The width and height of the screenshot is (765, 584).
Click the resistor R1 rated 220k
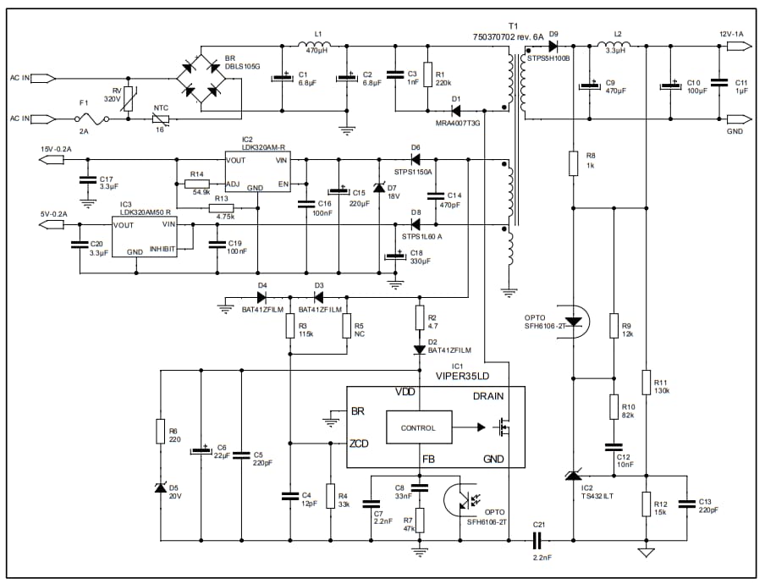(x=427, y=74)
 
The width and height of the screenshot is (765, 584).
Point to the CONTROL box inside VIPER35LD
(x=418, y=428)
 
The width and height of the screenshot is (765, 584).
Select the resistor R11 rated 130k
(x=646, y=383)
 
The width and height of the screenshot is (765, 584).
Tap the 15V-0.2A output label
(x=57, y=150)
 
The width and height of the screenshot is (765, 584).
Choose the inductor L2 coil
(x=616, y=45)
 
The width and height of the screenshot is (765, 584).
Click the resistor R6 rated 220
(x=160, y=432)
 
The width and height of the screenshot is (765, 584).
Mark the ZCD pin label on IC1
(x=359, y=443)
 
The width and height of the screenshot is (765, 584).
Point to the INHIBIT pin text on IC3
(x=162, y=250)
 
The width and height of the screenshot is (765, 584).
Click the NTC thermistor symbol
(x=160, y=119)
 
